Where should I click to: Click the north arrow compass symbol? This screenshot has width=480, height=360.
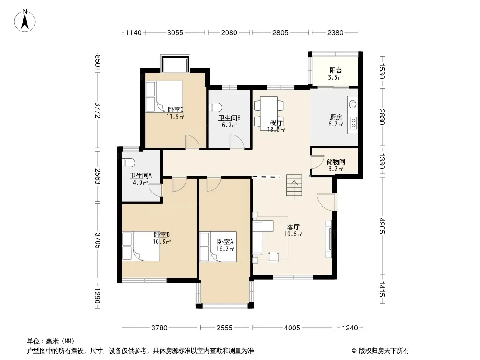[x=25, y=21]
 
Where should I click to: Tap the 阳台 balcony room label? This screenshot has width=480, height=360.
[x=335, y=71]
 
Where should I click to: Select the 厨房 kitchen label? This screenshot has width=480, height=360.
[x=336, y=117]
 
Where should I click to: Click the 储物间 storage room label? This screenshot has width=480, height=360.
[x=336, y=162]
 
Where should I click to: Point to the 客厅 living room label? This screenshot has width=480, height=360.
[x=293, y=227]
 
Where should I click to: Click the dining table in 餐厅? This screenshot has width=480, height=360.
[x=269, y=113]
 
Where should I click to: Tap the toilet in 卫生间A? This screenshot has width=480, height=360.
[x=128, y=163]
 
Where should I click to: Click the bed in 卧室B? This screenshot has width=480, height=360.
[x=141, y=246]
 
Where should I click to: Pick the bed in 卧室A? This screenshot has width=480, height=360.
[x=218, y=247]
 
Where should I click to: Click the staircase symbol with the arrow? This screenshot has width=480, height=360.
[x=294, y=186]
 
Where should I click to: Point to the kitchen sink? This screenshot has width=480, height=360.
[x=353, y=104]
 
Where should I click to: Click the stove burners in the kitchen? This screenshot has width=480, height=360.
[x=353, y=123]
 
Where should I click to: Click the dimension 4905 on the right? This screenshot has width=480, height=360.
[x=381, y=225]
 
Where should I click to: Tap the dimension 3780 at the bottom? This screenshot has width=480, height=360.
[x=159, y=328]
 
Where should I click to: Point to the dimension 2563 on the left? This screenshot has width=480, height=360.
[x=98, y=176]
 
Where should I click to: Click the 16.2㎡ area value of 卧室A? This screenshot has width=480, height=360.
[x=225, y=249]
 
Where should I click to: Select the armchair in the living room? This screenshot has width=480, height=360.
[x=273, y=257]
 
